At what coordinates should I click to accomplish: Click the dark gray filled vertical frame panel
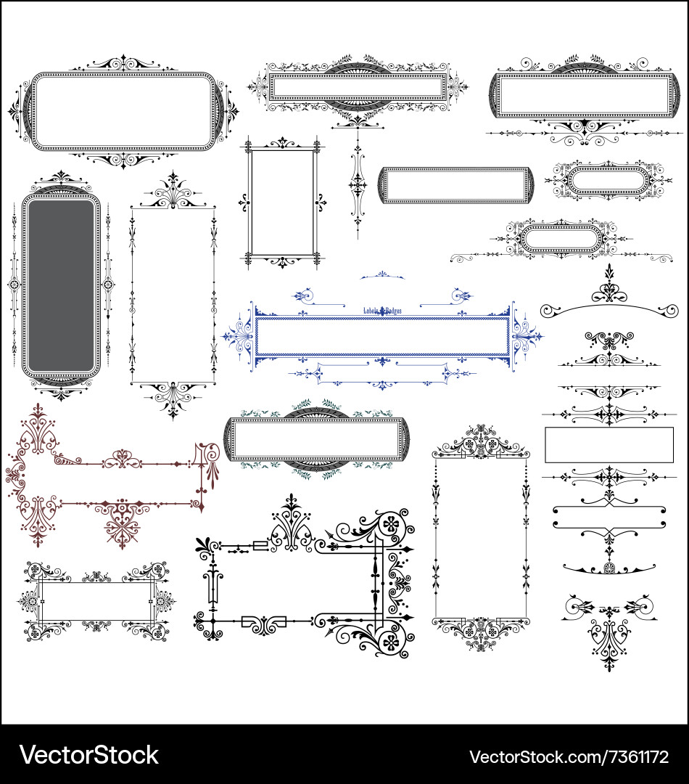pos(62,285)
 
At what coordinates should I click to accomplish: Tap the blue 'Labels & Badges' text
pos(382,310)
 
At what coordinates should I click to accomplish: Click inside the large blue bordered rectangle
pos(381,336)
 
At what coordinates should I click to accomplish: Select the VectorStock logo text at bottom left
pos(88,755)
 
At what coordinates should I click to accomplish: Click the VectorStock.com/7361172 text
pos(569,756)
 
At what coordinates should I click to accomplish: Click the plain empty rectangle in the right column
pos(608,444)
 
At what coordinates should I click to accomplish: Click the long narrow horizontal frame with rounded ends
pos(455,185)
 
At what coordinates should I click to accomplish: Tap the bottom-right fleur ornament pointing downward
pos(608,639)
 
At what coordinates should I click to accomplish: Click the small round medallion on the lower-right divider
pos(609,568)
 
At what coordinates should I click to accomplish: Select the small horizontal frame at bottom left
pos(96,601)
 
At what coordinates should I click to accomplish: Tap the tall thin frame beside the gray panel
pos(173,294)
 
